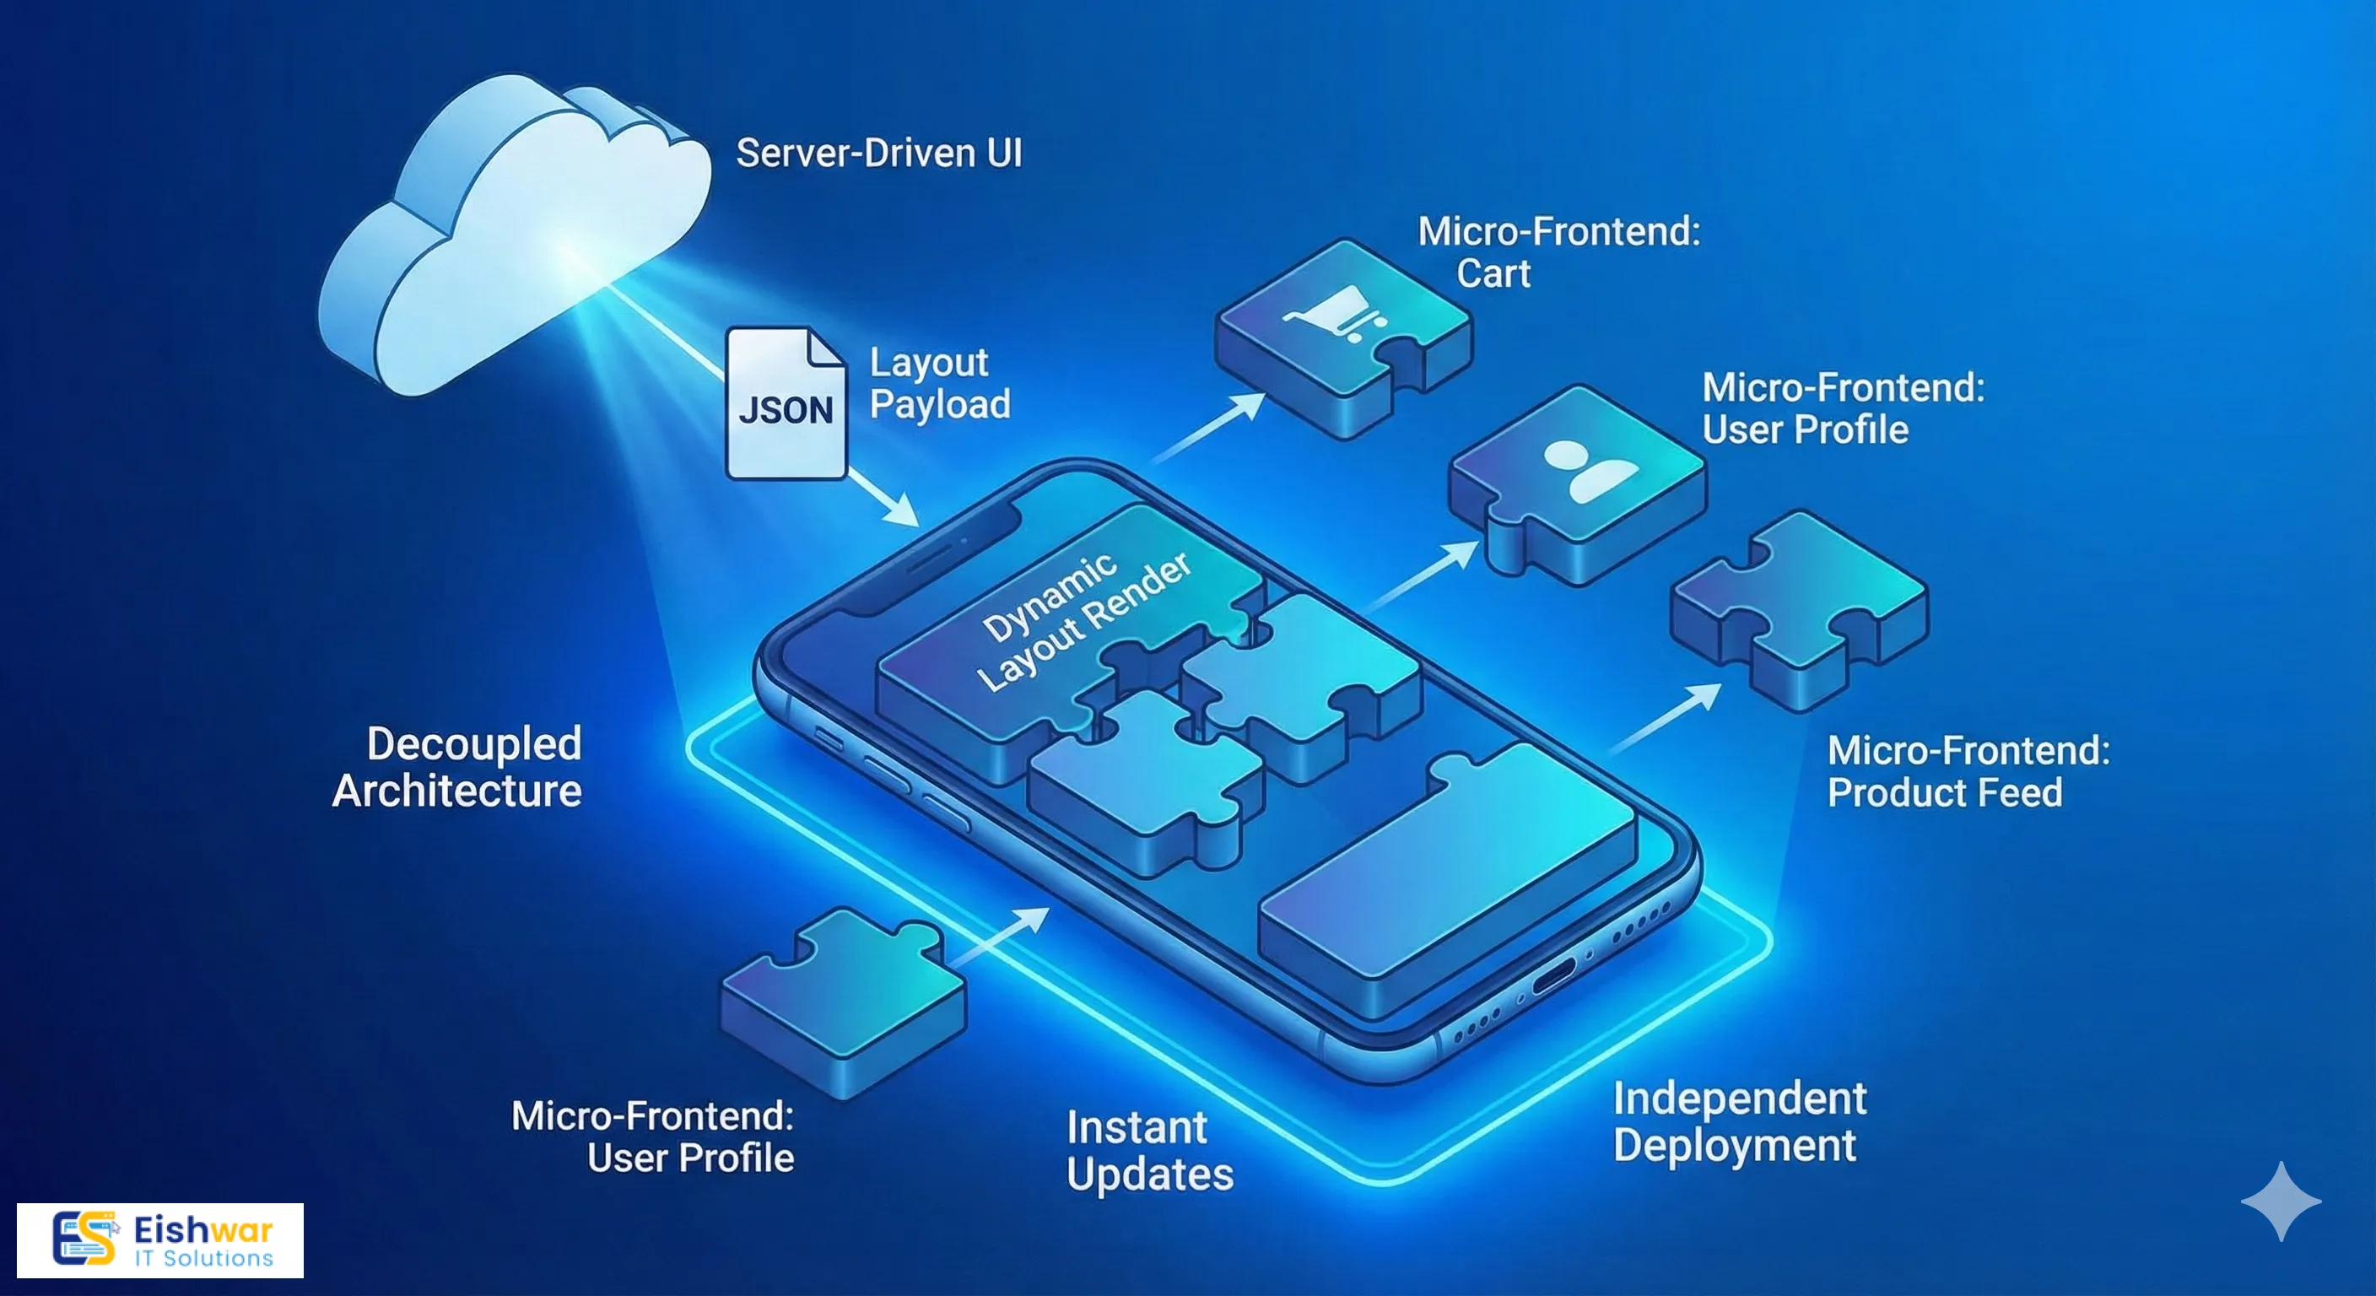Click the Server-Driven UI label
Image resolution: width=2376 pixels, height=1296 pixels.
(x=878, y=153)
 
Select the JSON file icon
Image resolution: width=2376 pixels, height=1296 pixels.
(x=786, y=404)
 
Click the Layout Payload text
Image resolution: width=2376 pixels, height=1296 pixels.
(x=939, y=384)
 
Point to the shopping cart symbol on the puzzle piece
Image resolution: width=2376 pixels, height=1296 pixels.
(x=1336, y=314)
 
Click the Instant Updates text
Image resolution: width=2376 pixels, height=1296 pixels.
(x=1147, y=1151)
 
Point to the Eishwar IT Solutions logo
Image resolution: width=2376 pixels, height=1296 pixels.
(x=159, y=1239)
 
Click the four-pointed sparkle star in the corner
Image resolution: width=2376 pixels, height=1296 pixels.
(x=2280, y=1200)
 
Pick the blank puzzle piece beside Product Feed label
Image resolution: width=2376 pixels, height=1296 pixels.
(x=1799, y=609)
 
